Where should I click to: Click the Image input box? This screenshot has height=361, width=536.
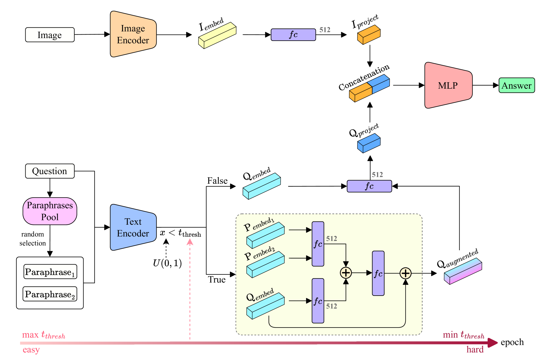tap(50, 35)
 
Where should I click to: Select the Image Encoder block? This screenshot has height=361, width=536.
tap(133, 34)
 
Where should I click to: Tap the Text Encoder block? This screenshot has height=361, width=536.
tap(133, 228)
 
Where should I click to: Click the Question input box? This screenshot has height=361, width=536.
tap(50, 171)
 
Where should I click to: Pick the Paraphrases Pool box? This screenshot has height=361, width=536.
tap(50, 211)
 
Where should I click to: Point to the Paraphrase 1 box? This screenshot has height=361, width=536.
tap(50, 272)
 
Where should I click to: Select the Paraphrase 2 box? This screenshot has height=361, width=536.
tap(50, 294)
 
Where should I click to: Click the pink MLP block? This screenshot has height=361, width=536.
tap(448, 85)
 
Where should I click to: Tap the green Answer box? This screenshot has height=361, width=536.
tap(516, 85)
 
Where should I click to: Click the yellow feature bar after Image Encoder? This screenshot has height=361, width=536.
tap(217, 35)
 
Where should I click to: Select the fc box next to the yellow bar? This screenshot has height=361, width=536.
tap(293, 35)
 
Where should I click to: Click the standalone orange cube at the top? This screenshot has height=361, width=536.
tap(369, 35)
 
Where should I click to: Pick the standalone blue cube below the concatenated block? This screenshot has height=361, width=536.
tap(369, 143)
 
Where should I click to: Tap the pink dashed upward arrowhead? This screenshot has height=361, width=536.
tap(190, 242)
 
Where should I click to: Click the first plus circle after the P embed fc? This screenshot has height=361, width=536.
tap(346, 273)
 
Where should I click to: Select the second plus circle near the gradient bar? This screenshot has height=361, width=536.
tap(406, 273)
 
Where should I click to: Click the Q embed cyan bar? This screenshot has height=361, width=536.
tap(265, 306)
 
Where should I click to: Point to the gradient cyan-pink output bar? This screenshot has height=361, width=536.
tap(463, 271)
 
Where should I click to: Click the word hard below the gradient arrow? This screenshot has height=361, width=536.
tap(475, 349)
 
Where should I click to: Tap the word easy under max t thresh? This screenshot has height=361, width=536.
tap(31, 350)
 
